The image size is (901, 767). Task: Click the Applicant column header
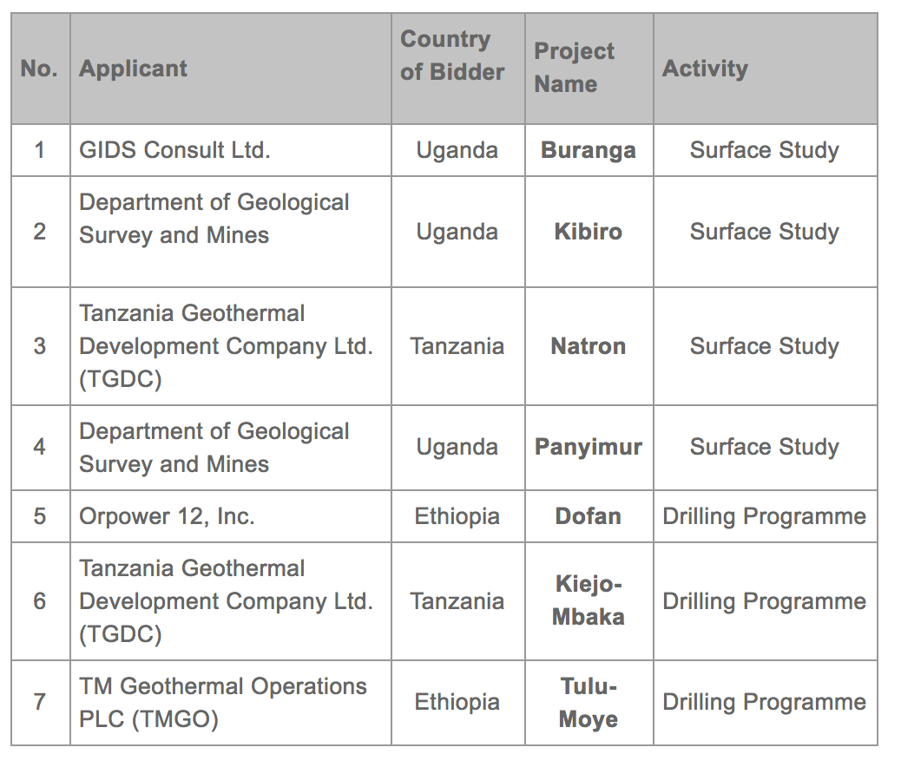tap(134, 69)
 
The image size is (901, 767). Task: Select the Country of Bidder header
tap(451, 56)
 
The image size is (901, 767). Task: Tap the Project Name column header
tap(574, 68)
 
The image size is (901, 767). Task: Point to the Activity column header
tap(705, 69)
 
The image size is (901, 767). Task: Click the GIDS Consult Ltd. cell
tap(174, 150)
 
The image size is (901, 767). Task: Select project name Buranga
tap(588, 150)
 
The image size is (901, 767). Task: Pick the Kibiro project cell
tap(588, 232)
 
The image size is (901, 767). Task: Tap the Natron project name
tap(588, 346)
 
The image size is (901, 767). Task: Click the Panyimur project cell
tap(588, 447)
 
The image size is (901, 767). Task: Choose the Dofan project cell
tap(588, 516)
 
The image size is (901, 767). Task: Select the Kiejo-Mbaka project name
tap(588, 600)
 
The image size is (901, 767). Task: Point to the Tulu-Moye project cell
tap(588, 703)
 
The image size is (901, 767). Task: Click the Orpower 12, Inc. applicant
tap(166, 516)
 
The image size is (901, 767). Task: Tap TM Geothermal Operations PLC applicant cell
tap(222, 703)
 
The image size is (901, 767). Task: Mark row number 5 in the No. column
tap(40, 516)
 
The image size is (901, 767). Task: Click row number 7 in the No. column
tap(40, 702)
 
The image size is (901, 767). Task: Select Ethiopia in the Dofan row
tap(457, 516)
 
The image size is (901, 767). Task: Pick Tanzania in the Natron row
tap(457, 346)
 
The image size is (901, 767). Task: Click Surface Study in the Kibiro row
tap(764, 232)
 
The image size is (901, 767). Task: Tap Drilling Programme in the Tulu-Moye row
tap(764, 702)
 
